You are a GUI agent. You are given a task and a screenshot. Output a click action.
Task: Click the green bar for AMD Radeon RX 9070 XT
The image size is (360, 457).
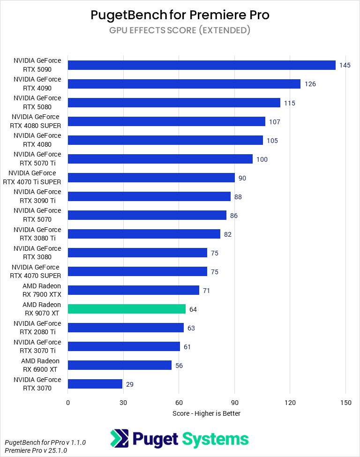127,309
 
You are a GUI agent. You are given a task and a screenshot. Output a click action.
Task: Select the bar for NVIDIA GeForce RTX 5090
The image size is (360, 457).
202,65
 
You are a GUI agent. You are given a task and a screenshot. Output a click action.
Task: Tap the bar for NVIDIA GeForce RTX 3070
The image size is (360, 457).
95,384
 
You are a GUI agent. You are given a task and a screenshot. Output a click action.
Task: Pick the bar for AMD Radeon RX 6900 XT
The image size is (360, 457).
120,365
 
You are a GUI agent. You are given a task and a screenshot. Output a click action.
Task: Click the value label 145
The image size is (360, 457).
345,65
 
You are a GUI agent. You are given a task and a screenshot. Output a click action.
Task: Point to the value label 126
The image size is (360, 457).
310,84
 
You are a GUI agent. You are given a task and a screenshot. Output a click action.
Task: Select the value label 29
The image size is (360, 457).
130,384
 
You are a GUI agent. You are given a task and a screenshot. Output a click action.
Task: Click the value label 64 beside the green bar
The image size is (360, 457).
193,309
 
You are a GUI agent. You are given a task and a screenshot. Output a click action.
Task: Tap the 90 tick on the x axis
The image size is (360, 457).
234,402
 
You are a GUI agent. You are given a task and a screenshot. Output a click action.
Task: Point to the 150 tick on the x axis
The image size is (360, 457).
345,402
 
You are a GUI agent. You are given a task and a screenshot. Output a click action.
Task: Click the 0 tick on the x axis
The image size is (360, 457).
68,402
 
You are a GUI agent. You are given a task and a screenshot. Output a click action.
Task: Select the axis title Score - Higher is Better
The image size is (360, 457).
206,413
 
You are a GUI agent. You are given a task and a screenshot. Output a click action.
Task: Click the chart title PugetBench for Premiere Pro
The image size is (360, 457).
180,15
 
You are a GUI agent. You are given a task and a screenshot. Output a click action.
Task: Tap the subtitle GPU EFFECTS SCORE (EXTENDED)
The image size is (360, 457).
180,30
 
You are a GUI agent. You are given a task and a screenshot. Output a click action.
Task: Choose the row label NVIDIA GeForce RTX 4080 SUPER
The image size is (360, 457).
36,121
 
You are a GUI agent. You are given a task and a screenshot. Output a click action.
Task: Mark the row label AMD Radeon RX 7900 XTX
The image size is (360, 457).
41,290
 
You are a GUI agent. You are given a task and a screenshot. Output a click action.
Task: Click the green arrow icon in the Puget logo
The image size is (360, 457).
120,439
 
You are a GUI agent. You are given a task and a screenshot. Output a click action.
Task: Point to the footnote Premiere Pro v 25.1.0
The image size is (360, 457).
36,450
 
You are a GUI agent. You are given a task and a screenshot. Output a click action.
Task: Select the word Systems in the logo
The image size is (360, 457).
215,439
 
